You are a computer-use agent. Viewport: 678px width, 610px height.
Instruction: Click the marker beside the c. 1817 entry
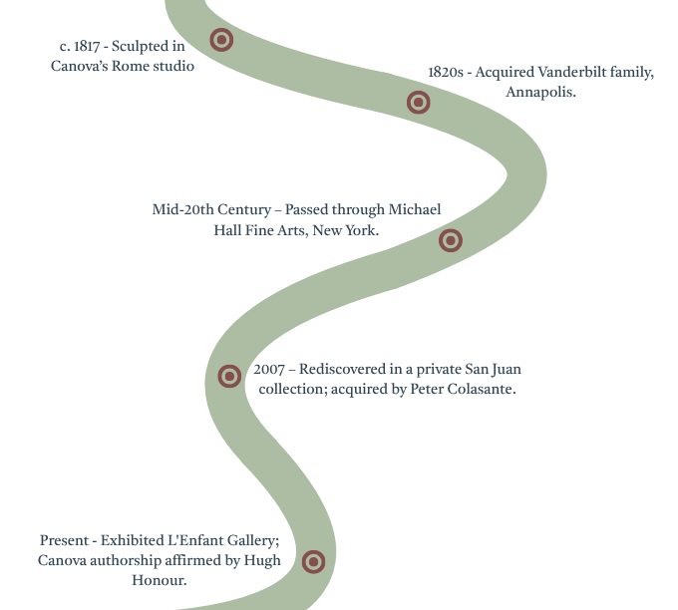point(221,40)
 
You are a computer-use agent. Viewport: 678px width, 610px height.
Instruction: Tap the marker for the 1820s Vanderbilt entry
point(418,103)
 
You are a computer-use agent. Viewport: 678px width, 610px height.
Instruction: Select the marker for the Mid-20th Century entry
point(451,240)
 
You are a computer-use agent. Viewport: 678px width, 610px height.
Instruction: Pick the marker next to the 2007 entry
point(229,376)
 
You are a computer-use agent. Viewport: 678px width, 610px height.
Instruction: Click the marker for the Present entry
point(313,561)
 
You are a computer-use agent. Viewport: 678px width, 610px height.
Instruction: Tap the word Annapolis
point(540,92)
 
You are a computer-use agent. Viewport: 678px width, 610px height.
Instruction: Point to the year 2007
point(269,369)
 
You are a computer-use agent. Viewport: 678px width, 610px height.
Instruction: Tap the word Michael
point(415,209)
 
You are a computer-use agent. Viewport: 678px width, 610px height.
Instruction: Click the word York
point(362,230)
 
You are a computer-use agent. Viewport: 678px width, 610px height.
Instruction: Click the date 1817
point(87,46)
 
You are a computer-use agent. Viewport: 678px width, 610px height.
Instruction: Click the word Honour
point(160,580)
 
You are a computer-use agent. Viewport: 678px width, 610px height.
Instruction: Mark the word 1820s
point(446,72)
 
